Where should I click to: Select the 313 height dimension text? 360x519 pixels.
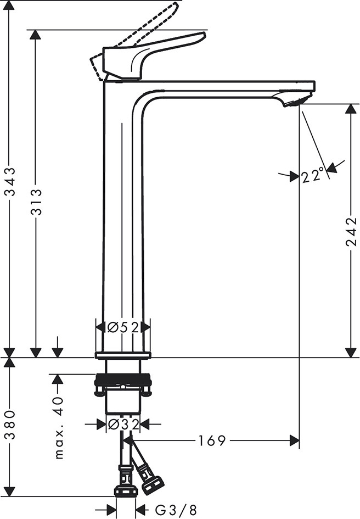point(37,202)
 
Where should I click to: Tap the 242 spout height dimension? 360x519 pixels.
point(351,232)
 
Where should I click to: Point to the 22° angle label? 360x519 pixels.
point(312,175)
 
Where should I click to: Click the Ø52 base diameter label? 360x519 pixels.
point(123,327)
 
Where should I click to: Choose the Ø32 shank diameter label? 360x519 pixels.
point(123,424)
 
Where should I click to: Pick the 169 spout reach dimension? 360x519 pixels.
point(212,440)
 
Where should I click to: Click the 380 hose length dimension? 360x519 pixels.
point(11,425)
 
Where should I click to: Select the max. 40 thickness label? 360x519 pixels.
point(59,428)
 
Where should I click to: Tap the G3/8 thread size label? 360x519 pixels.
point(176,510)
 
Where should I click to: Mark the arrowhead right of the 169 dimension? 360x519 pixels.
point(294,440)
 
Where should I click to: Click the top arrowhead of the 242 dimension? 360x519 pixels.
point(351,109)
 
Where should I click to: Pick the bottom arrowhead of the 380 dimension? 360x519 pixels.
point(10,491)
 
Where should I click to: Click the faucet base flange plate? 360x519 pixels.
point(123,355)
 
